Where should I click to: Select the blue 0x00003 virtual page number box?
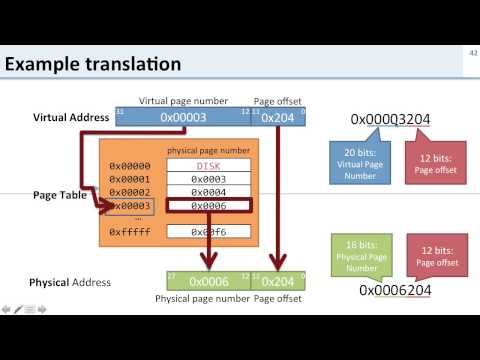click(184, 118)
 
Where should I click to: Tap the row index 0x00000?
click(129, 166)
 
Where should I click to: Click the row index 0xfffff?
click(129, 231)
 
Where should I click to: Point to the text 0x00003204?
click(390, 120)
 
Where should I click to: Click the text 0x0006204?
click(394, 291)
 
